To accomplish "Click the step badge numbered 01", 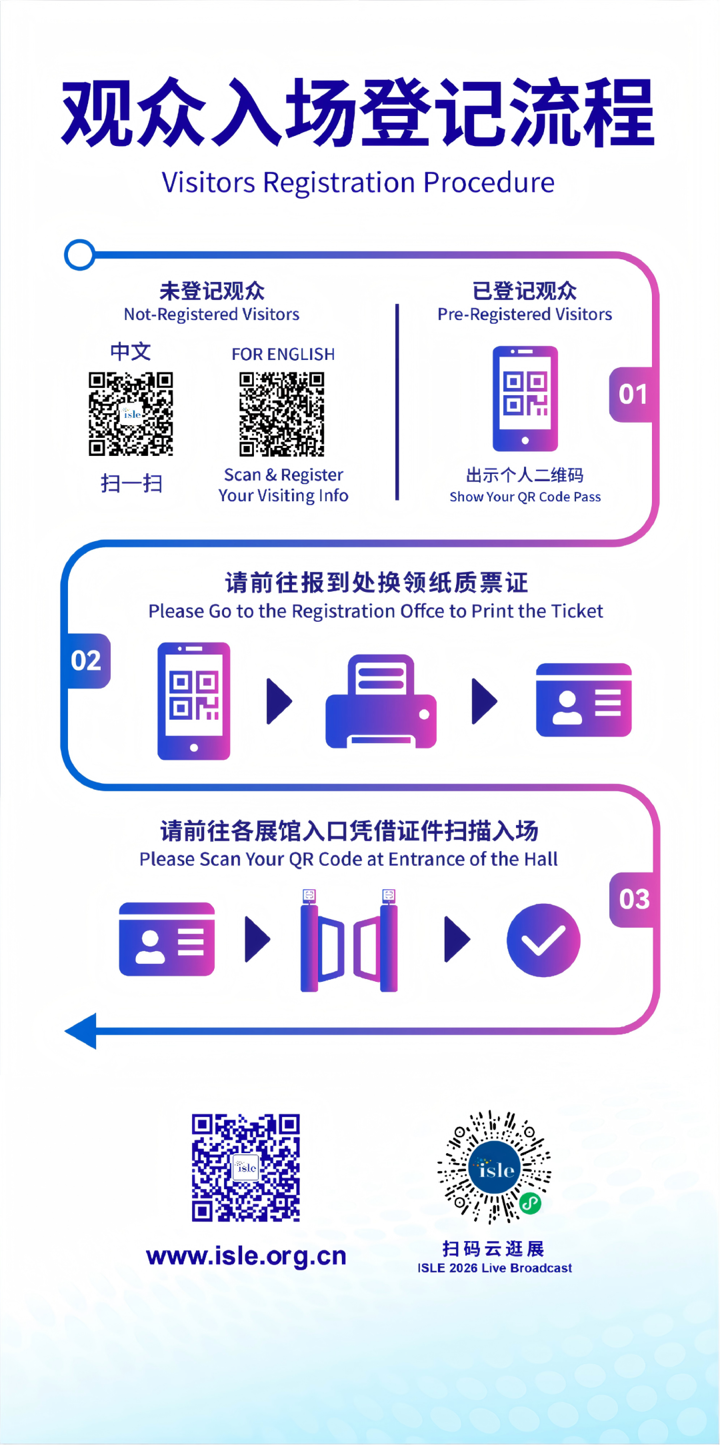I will click(632, 395).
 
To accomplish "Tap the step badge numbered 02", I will click(86, 661).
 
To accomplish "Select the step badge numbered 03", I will click(633, 899).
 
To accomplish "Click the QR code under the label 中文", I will click(131, 414).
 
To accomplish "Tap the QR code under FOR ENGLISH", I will click(282, 414).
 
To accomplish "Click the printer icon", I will click(381, 701).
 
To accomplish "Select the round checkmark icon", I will click(543, 940).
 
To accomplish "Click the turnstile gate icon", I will click(349, 941).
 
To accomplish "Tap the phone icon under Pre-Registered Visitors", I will click(525, 399).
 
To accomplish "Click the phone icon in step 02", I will click(194, 701).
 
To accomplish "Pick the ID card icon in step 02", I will click(583, 700).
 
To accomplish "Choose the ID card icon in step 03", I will click(167, 939).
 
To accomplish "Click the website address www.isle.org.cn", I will click(246, 1256).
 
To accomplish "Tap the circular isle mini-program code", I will click(494, 1167).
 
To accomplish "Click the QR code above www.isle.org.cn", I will click(246, 1167).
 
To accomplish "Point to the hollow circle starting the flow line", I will click(80, 255).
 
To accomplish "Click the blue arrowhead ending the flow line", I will click(82, 1031).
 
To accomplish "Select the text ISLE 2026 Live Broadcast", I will click(495, 1268).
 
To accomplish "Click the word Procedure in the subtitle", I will click(489, 183).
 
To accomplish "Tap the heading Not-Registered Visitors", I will click(211, 314).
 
